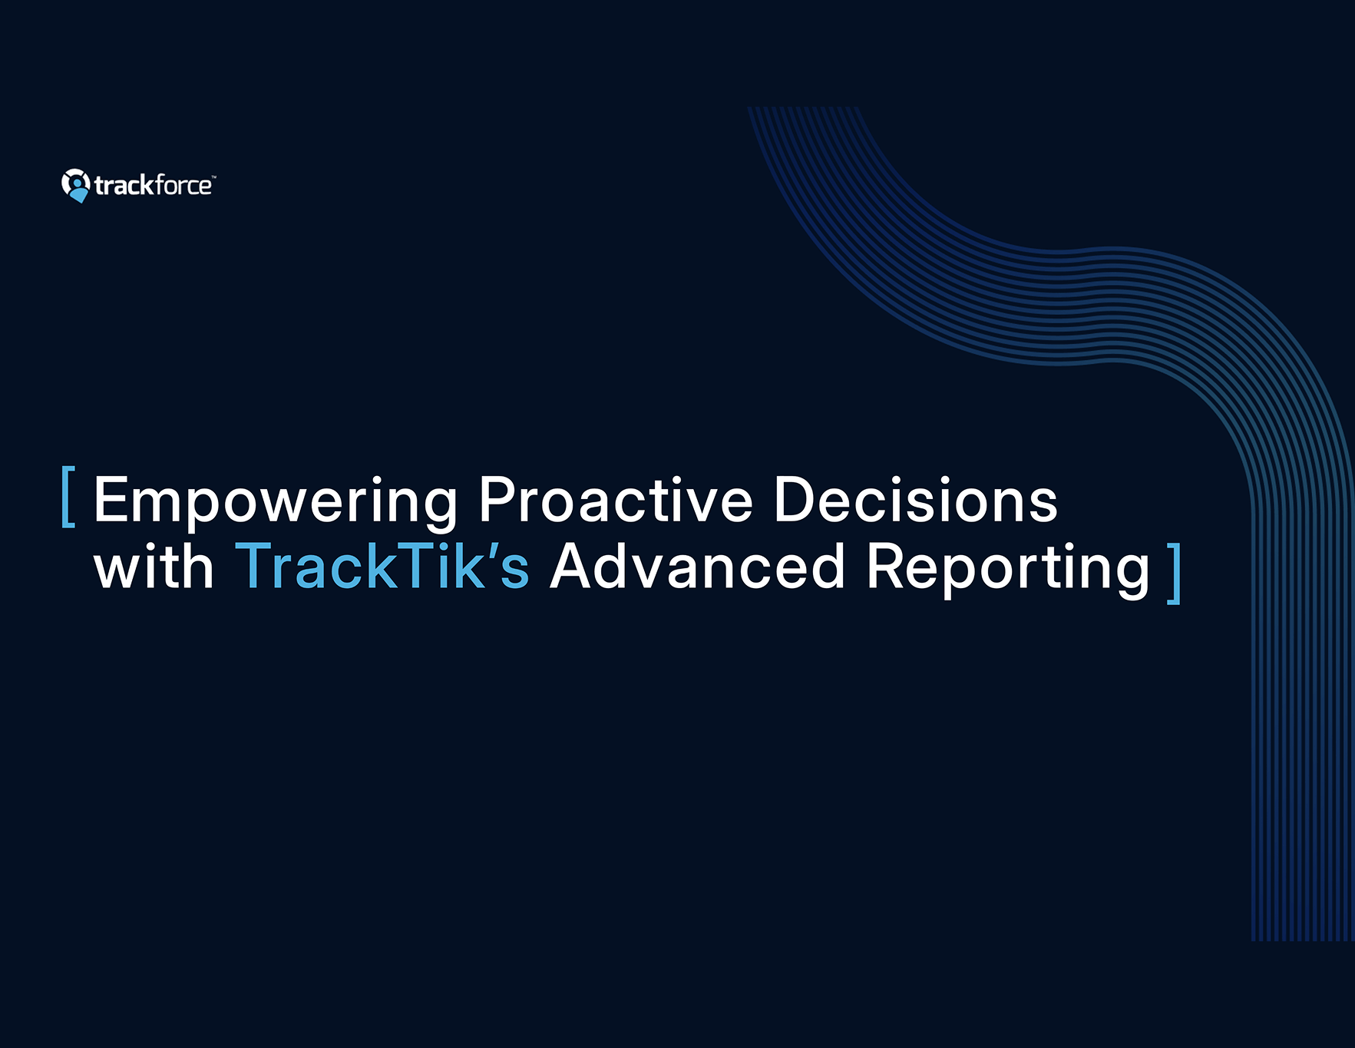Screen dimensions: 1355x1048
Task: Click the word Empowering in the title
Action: pos(276,503)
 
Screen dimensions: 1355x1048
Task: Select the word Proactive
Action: pos(616,499)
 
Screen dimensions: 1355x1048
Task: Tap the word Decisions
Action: pos(916,499)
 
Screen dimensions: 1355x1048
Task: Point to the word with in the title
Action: pos(154,566)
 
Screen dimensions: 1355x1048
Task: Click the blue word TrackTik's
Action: pos(382,566)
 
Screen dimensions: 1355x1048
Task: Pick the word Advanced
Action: pos(697,566)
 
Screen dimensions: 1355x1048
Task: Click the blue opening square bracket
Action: pos(68,497)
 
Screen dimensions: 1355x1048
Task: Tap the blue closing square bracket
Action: pos(1174,574)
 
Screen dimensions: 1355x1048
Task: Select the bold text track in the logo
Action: pos(123,186)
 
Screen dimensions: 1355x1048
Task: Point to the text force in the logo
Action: pos(182,185)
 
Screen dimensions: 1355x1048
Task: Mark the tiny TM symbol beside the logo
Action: pos(214,177)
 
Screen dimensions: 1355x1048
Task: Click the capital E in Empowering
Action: pos(110,499)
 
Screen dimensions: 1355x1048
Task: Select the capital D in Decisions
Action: pos(795,499)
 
